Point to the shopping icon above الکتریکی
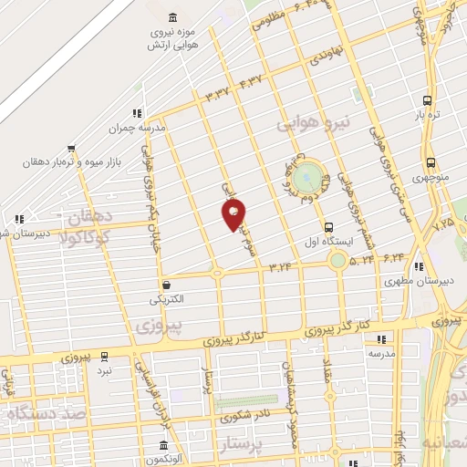[x=165, y=285]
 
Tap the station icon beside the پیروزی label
[x=104, y=357]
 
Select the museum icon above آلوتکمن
[x=163, y=446]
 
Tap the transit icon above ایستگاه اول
[x=327, y=227]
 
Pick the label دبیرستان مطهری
[x=419, y=281]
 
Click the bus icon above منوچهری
[x=430, y=164]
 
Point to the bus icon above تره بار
[x=428, y=100]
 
